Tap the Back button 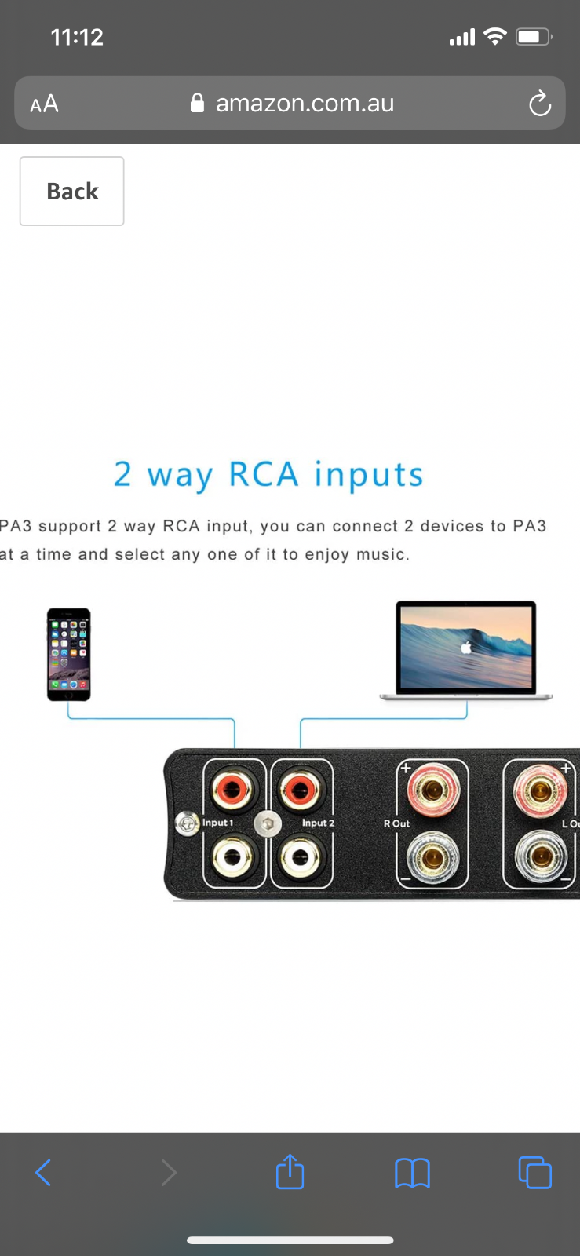pos(71,192)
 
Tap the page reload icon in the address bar pos(540,103)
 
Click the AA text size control pos(44,104)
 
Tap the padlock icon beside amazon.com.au pos(197,103)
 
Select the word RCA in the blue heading pos(264,474)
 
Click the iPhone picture pos(68,655)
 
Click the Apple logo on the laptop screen pos(465,648)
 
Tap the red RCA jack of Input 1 pos(232,790)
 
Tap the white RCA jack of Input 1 pos(232,856)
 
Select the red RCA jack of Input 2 pos(300,790)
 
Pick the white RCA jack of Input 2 pos(300,856)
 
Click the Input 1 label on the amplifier pos(217,823)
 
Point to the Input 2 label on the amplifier pos(318,823)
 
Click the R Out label pos(396,823)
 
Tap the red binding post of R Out pos(433,790)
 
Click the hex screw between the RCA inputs pos(268,824)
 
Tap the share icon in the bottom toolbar pos(290,1171)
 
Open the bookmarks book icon pos(413,1173)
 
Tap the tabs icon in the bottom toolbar pos(535,1173)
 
